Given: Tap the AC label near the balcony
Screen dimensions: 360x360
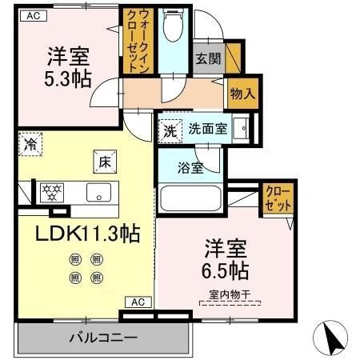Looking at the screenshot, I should [137, 302].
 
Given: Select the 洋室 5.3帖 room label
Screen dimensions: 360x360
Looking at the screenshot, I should [67, 68].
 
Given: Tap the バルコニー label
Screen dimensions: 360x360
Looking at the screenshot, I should [102, 337].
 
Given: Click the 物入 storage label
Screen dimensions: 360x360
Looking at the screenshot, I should [242, 94].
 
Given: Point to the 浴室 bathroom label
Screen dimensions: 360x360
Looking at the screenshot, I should [190, 168].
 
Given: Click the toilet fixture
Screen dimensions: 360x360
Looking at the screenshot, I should [172, 29].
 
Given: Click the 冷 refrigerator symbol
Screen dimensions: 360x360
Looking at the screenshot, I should [30, 145].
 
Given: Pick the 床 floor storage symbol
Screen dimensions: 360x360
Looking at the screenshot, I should [105, 162].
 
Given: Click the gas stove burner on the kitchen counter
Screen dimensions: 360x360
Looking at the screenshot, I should [52, 191].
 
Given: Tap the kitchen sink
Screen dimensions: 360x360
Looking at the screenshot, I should [98, 192].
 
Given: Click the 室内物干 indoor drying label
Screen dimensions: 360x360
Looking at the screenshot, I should [230, 295].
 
